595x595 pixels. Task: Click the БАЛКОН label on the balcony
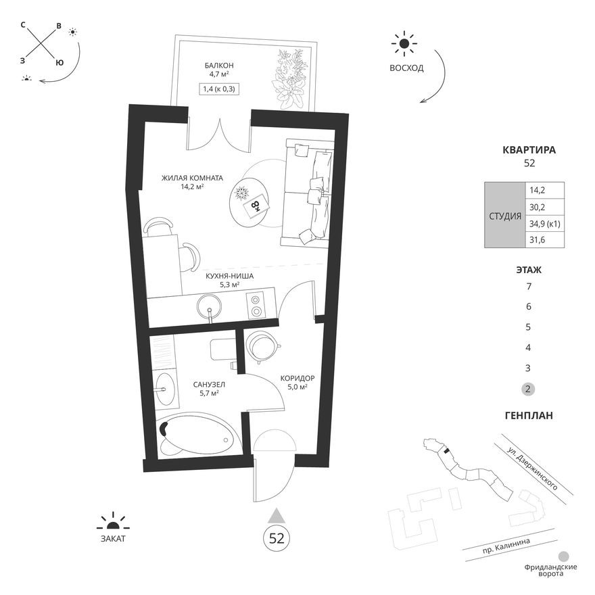tap(221, 66)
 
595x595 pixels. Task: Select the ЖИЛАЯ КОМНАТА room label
tap(192, 178)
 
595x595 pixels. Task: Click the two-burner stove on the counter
tap(257, 305)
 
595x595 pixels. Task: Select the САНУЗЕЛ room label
tap(208, 385)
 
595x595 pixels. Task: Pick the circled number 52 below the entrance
tap(277, 538)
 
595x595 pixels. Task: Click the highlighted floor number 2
tap(529, 389)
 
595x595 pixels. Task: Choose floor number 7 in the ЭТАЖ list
tap(529, 286)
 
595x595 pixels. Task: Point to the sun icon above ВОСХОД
tap(404, 44)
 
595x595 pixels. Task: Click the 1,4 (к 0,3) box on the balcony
tap(221, 89)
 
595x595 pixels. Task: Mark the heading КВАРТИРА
tap(529, 150)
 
